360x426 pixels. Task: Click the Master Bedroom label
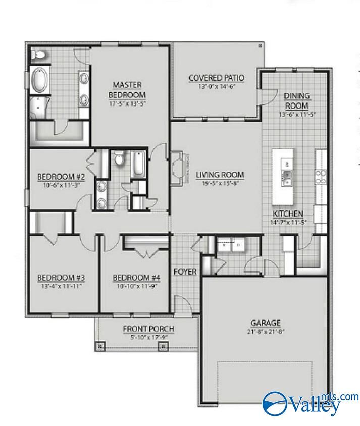coord(127,89)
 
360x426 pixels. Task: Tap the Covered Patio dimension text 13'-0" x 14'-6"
coord(216,86)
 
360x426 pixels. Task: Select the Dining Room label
coord(297,100)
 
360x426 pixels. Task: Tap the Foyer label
coord(185,272)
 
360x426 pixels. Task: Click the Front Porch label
coord(148,329)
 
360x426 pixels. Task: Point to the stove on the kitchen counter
coord(320,175)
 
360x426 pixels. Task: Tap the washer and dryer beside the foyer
coord(231,246)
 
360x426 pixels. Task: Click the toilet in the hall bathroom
coord(118,159)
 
